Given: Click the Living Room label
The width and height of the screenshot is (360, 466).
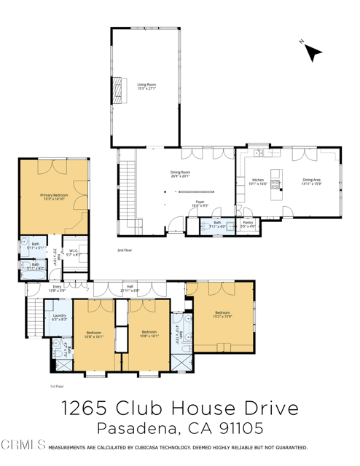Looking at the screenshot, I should (x=146, y=87).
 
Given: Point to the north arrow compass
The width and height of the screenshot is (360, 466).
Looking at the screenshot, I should (x=312, y=51).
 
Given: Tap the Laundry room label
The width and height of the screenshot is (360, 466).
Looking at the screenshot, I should (x=60, y=317).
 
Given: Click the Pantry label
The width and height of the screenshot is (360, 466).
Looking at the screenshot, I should (x=249, y=224).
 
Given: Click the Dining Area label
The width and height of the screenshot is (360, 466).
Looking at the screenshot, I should (x=311, y=181).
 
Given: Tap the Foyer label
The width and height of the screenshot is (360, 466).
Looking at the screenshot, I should (x=200, y=204).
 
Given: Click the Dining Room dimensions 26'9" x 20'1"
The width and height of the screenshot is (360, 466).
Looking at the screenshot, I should (x=179, y=176).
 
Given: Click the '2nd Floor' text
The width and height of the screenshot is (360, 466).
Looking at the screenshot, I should (x=125, y=250).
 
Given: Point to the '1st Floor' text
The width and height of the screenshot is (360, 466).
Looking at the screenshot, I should (x=58, y=387).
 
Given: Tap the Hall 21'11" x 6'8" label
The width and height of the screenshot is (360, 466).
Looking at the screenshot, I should (x=130, y=288).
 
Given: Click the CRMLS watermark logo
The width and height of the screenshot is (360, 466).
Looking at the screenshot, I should (x=24, y=443).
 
